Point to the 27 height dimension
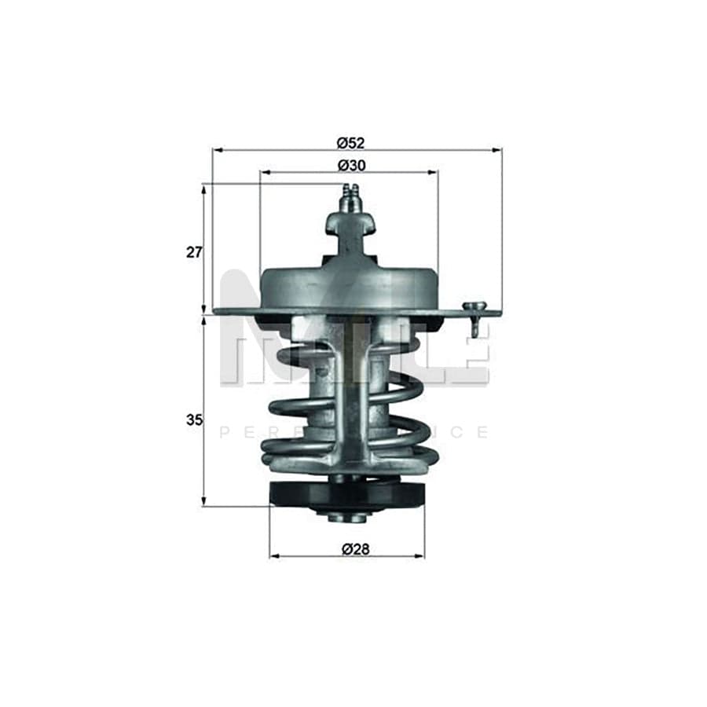[194, 252]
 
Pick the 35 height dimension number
[194, 420]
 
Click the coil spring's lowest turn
[349, 456]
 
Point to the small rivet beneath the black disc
[346, 516]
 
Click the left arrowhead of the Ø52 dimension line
[216, 149]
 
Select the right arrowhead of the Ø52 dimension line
[498, 149]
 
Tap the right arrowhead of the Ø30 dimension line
[434, 172]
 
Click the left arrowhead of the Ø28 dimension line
[273, 556]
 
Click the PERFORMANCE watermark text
[353, 432]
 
